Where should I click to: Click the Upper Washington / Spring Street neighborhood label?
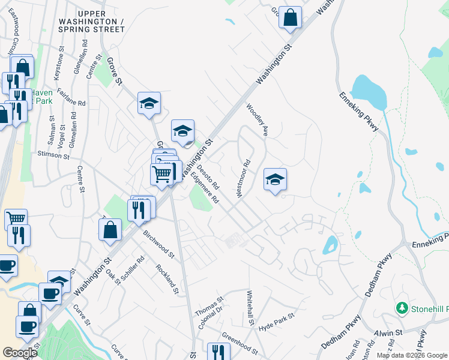click(x=101, y=22)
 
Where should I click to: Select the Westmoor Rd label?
click(x=243, y=178)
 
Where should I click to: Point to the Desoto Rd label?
click(x=212, y=178)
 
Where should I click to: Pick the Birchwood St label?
click(x=158, y=244)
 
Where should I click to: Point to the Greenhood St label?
click(x=240, y=345)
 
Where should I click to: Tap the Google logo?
click(x=20, y=353)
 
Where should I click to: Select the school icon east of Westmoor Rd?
click(x=275, y=179)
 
